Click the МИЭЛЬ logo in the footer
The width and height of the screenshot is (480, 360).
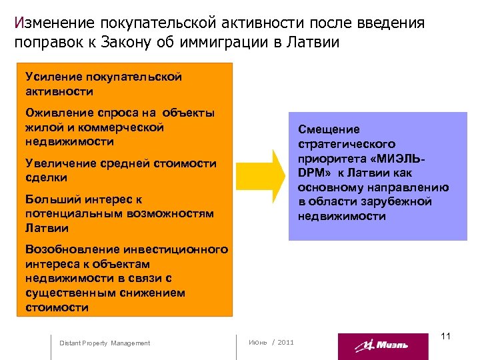(x=383, y=345)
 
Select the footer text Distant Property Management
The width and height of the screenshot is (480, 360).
(x=105, y=343)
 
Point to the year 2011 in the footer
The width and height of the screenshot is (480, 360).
(x=285, y=342)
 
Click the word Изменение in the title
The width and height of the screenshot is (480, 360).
(x=54, y=23)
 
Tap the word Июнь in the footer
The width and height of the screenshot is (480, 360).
(x=257, y=342)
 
